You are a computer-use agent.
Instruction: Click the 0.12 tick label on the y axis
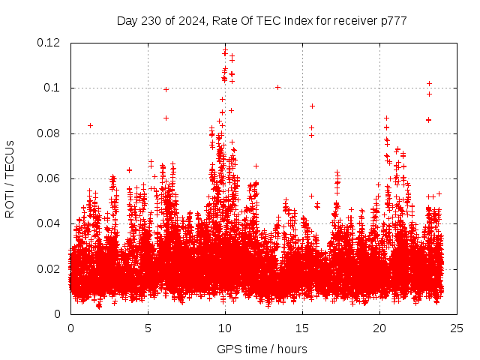[50, 43]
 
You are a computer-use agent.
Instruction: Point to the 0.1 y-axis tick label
[53, 88]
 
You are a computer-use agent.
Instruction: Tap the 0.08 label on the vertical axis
[50, 133]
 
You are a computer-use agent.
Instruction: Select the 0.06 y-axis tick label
[50, 178]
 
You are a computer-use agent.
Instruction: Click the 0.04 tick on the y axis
[50, 223]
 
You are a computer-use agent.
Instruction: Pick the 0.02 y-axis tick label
[50, 268]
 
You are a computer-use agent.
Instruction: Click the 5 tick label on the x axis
[148, 328]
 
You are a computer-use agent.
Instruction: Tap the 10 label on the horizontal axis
[225, 328]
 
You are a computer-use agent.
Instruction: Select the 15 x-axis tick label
[302, 328]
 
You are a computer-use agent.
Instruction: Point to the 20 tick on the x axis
[379, 328]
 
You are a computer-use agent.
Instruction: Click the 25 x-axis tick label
[457, 328]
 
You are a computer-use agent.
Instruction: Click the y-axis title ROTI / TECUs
[10, 178]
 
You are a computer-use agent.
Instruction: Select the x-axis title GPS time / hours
[262, 349]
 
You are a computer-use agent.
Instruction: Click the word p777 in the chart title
[393, 20]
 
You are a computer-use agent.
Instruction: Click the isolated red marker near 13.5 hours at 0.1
[277, 87]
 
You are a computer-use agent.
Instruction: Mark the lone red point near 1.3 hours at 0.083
[90, 125]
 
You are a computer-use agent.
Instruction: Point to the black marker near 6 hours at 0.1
[166, 89]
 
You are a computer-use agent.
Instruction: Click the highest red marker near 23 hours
[429, 83]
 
